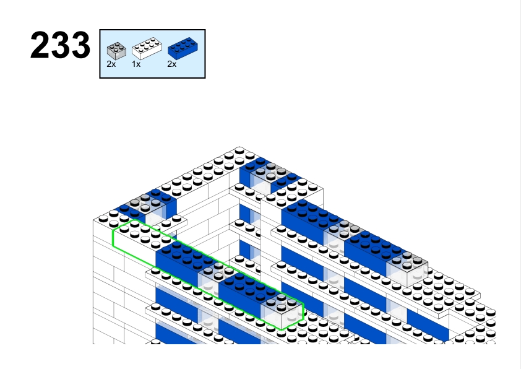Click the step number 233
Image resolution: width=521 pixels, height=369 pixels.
pos(60,45)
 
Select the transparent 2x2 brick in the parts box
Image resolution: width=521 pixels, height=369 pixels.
pos(116,51)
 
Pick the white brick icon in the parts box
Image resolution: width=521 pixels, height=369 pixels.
pos(147,48)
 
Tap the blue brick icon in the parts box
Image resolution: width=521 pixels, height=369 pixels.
pos(183,48)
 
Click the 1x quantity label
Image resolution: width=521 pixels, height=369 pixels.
pos(136,64)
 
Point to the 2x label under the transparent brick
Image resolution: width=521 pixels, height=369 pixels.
pos(111,64)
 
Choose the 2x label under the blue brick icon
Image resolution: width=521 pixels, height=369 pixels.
pos(172,64)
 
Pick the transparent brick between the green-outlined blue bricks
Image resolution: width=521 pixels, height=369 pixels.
pos(214,277)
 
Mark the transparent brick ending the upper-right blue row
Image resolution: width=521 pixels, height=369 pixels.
pos(407,267)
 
